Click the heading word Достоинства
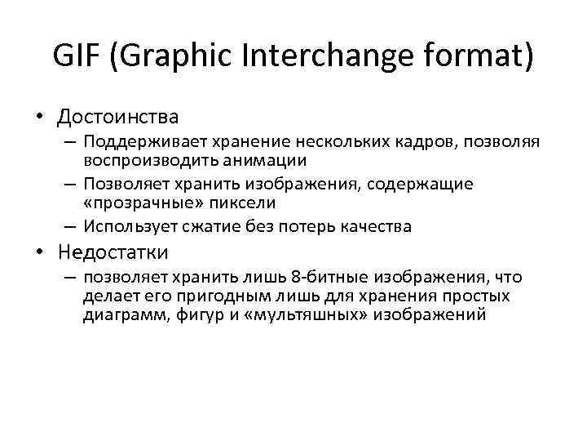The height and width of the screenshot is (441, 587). (x=117, y=118)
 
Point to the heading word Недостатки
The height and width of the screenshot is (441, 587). (x=113, y=252)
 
